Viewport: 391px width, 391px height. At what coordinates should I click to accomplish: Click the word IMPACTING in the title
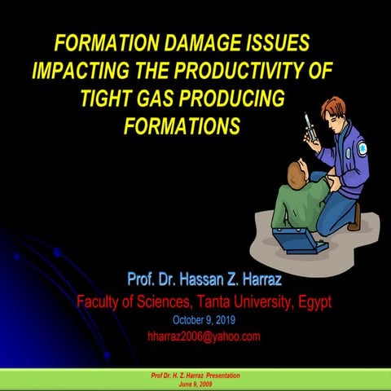(74, 71)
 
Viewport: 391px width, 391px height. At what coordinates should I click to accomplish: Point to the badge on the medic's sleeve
(362, 149)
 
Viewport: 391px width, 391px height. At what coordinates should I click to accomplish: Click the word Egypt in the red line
(311, 302)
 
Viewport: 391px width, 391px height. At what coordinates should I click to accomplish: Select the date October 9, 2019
(203, 319)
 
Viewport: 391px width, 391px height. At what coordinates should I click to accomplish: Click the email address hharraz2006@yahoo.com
(203, 336)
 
